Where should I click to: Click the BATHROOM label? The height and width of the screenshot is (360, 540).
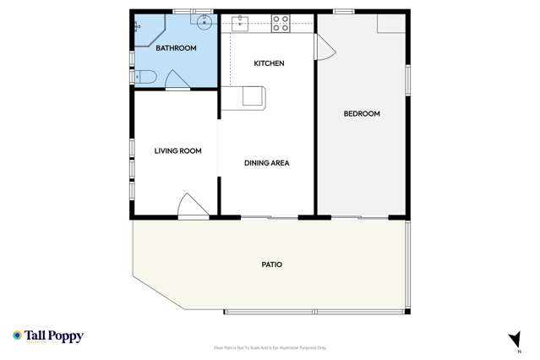tap(176, 48)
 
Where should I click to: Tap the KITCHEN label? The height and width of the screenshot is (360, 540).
tap(269, 63)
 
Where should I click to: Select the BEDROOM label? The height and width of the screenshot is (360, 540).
tap(361, 113)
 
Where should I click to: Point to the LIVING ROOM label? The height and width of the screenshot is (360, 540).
tap(177, 151)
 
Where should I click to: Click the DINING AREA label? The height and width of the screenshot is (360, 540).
tap(267, 163)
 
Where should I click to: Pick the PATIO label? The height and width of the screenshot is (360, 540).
tap(271, 265)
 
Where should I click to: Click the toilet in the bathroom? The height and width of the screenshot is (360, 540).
tap(145, 78)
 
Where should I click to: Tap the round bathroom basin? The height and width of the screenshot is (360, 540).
tap(204, 25)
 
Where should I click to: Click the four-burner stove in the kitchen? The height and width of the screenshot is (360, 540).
tap(281, 24)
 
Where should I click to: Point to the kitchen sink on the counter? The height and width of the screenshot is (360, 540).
tap(239, 24)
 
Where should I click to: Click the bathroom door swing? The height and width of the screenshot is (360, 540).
tap(177, 79)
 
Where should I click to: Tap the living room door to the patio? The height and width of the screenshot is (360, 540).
tap(193, 207)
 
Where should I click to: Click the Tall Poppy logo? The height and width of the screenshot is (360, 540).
tap(48, 336)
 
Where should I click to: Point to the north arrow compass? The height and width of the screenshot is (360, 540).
tap(514, 340)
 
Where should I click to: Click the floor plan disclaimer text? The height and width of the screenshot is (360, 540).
tap(270, 347)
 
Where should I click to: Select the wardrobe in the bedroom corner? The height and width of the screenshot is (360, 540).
tap(391, 23)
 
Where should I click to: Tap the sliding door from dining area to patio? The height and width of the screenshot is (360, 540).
tap(269, 218)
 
